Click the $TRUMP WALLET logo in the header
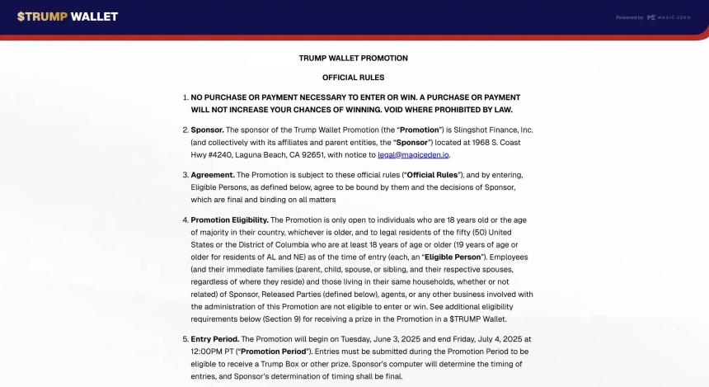point(68,17)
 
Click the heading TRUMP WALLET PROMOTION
point(353,59)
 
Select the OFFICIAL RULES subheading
point(353,78)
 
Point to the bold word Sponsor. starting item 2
point(207,130)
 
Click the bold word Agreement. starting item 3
point(213,175)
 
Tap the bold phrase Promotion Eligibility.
point(230,220)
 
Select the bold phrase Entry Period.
point(215,339)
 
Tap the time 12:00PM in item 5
point(208,352)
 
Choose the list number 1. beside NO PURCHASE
point(185,97)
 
